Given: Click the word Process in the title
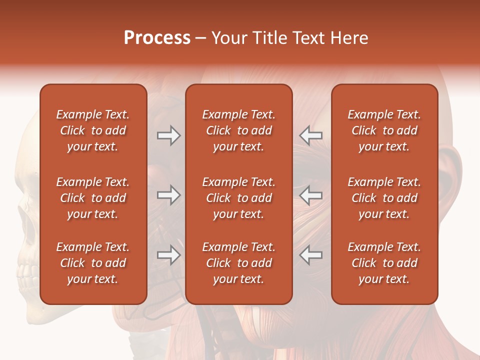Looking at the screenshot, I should tap(157, 38).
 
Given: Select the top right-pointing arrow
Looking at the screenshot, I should tap(168, 135).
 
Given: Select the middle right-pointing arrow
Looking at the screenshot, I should tap(168, 195).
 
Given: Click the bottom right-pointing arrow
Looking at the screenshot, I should tap(168, 255).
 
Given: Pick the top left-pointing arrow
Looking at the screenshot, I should tap(310, 135).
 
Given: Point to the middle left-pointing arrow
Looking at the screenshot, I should tap(310, 195).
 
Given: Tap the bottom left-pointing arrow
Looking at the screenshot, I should tap(310, 255).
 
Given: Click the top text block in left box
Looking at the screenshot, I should tap(93, 130).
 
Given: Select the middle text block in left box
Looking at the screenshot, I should tap(93, 198).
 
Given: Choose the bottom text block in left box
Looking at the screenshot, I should tap(93, 263).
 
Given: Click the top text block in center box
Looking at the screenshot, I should tap(238, 130).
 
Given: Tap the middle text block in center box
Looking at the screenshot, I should tap(238, 198).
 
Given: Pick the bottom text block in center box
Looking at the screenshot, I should tap(238, 263).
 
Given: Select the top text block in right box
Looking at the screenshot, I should tap(384, 130).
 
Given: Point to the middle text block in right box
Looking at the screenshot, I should tap(384, 198).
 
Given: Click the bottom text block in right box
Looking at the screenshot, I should tap(384, 263).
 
